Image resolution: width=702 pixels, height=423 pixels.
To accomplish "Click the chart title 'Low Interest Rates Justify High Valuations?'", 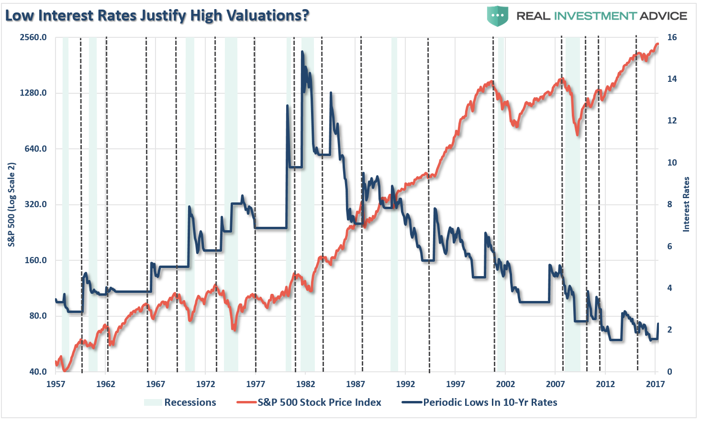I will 157,15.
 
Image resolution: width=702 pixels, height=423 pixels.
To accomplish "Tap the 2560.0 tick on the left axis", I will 33,37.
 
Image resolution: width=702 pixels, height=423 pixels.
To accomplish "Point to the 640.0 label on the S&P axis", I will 35,149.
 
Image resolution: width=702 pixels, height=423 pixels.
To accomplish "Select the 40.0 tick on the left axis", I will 38,372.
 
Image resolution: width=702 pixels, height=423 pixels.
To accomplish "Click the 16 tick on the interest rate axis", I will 672,37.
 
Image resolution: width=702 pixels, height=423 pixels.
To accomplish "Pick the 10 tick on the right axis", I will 672,163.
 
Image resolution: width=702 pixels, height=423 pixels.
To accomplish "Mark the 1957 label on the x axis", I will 56,384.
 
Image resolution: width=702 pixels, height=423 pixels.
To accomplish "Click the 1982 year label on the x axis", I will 305,384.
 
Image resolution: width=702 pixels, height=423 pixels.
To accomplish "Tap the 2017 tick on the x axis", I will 655,384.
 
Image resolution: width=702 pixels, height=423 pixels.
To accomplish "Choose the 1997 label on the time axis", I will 455,384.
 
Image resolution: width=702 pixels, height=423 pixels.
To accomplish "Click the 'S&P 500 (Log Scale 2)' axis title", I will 12,205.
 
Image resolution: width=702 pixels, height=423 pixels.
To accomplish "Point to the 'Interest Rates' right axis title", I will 686,204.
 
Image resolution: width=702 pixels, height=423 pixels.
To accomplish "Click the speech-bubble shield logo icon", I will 498,16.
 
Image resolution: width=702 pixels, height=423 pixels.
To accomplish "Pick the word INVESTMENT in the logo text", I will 595,16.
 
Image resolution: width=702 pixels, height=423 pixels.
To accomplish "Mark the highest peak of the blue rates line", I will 302,52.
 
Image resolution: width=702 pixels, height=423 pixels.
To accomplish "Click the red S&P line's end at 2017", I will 657,44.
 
